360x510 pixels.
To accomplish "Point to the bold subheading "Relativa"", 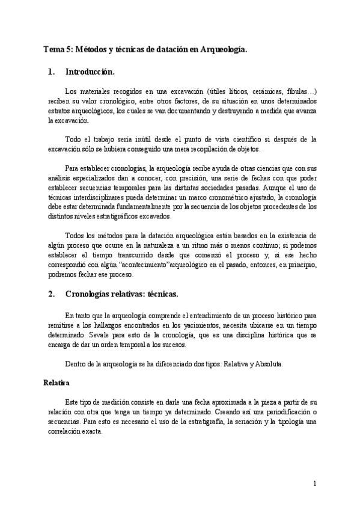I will [x=56, y=382].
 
